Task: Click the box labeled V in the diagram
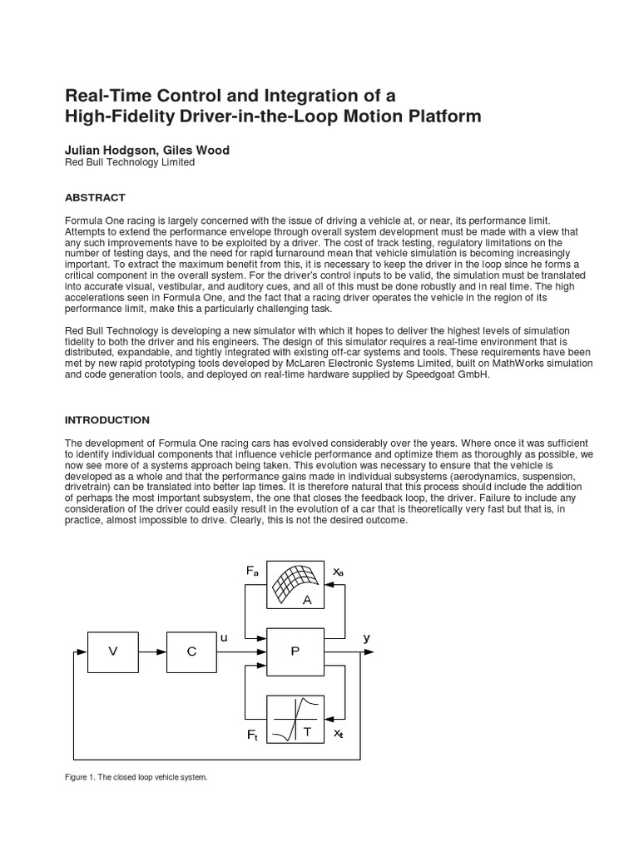pos(113,652)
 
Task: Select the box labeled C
pos(192,652)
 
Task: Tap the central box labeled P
pos(295,651)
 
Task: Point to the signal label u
pos(223,637)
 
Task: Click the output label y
pos(366,637)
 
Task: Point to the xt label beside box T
pos(338,734)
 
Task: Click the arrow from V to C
pos(153,652)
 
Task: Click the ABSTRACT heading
pos(95,197)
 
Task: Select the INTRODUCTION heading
pos(107,420)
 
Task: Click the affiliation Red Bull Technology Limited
pos(130,163)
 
